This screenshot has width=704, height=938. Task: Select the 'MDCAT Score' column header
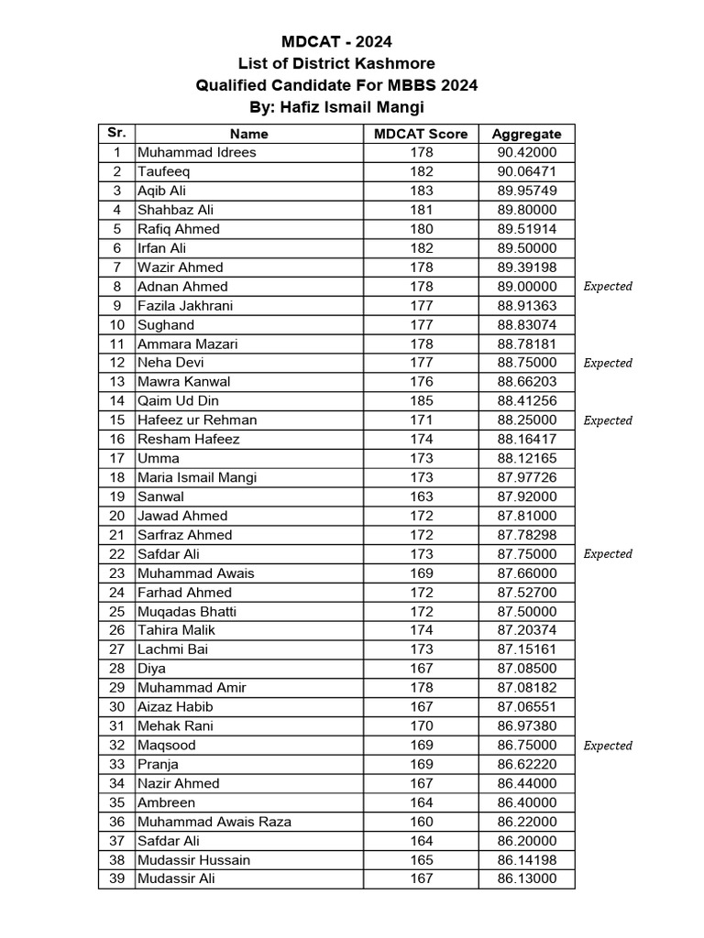(421, 134)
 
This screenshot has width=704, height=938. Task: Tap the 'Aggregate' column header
(526, 134)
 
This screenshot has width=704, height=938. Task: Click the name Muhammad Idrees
(196, 153)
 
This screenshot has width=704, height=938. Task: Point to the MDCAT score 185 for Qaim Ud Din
(421, 401)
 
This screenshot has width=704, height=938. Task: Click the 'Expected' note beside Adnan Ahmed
(608, 287)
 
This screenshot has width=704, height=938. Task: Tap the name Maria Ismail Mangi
(197, 477)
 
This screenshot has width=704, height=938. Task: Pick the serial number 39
(116, 878)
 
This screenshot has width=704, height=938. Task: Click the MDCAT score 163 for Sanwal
(421, 496)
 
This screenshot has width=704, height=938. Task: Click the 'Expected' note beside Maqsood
(608, 746)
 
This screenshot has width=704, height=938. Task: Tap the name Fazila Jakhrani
(184, 306)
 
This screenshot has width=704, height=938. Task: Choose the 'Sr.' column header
(116, 133)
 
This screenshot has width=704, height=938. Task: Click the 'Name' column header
(248, 134)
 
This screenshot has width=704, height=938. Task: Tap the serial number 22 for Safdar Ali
(116, 554)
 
